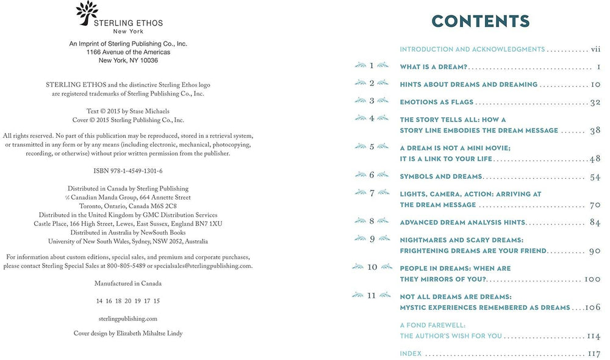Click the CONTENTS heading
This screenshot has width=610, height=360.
[x=480, y=21]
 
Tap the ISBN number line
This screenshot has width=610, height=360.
[x=128, y=171]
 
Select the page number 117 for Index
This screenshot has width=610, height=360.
[x=595, y=354]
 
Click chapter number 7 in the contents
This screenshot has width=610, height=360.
[x=372, y=193]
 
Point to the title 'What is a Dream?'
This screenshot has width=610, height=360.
[x=434, y=67]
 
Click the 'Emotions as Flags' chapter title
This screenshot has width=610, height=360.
[x=436, y=102]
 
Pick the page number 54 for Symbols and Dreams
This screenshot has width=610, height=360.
[x=596, y=177]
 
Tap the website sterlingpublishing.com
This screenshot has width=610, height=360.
[x=128, y=319]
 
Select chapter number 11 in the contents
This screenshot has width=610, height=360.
[x=372, y=296]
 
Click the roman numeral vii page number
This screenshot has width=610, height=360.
[x=597, y=49]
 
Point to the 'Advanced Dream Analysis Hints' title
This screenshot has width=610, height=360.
[x=462, y=223]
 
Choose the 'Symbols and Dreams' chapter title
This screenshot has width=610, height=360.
[x=440, y=177]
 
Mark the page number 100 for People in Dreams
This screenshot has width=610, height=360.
[x=593, y=279]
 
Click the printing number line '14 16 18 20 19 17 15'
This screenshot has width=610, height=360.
[x=128, y=301]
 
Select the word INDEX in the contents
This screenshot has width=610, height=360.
[x=411, y=354]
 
